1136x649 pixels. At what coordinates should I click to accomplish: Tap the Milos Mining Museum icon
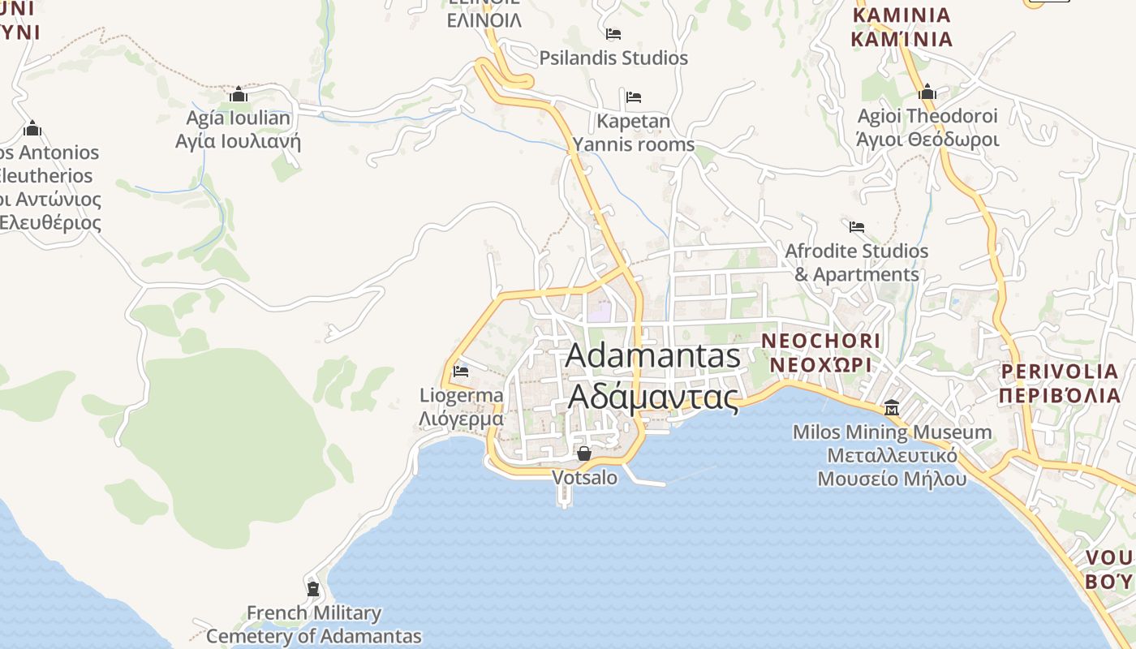(x=892, y=407)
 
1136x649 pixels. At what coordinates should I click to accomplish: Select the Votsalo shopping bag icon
(x=583, y=453)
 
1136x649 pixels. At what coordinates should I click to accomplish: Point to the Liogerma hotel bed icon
(x=461, y=372)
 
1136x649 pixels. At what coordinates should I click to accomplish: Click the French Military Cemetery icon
(x=313, y=588)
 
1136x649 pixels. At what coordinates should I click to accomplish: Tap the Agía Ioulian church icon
(x=238, y=95)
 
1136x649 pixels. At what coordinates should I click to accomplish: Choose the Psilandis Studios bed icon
(x=613, y=34)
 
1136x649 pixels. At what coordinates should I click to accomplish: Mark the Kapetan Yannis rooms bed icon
(x=634, y=97)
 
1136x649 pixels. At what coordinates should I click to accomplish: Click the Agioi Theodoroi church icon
(x=927, y=92)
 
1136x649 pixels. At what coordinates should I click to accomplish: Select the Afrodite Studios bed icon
(x=857, y=226)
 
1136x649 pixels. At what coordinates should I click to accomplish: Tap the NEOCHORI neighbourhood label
(x=820, y=352)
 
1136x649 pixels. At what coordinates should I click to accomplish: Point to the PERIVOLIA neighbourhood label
(x=1059, y=383)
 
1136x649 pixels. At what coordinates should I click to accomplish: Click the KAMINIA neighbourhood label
(x=901, y=27)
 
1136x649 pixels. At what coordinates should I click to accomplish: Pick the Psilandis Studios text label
(x=613, y=58)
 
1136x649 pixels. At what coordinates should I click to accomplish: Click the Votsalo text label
(x=584, y=478)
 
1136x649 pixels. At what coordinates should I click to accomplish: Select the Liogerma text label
(x=461, y=407)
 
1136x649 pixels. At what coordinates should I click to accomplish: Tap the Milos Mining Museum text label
(x=892, y=455)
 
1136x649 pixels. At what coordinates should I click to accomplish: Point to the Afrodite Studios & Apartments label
(x=856, y=263)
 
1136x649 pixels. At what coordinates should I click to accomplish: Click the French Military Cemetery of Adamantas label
(x=313, y=625)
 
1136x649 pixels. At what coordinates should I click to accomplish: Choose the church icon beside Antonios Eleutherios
(x=32, y=128)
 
